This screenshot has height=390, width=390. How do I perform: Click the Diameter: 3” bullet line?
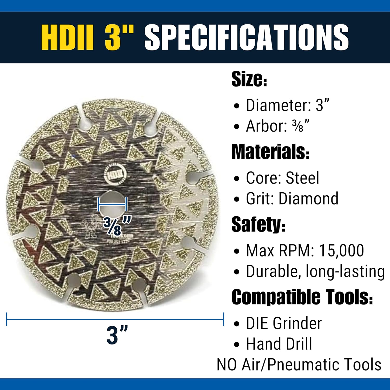pos(287,105)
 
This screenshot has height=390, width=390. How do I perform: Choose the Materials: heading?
pos(270,152)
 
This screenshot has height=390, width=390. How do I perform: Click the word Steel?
pos(302,178)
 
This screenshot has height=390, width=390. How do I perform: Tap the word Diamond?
pos(308,199)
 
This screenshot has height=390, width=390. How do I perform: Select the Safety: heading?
pos(258,224)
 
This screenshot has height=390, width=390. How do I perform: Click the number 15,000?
pos(341,251)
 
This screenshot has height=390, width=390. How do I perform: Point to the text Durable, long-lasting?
pos(315,271)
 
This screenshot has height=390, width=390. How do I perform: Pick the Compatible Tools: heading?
pos(302,297)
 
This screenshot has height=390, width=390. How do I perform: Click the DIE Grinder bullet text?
pos(284,323)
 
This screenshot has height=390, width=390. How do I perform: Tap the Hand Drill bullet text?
pos(279,344)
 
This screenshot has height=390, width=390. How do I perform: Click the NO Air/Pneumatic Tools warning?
pos(299,365)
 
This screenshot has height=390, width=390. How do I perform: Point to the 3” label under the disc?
pos(117,335)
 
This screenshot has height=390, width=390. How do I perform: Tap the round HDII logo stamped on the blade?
pos(115,174)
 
